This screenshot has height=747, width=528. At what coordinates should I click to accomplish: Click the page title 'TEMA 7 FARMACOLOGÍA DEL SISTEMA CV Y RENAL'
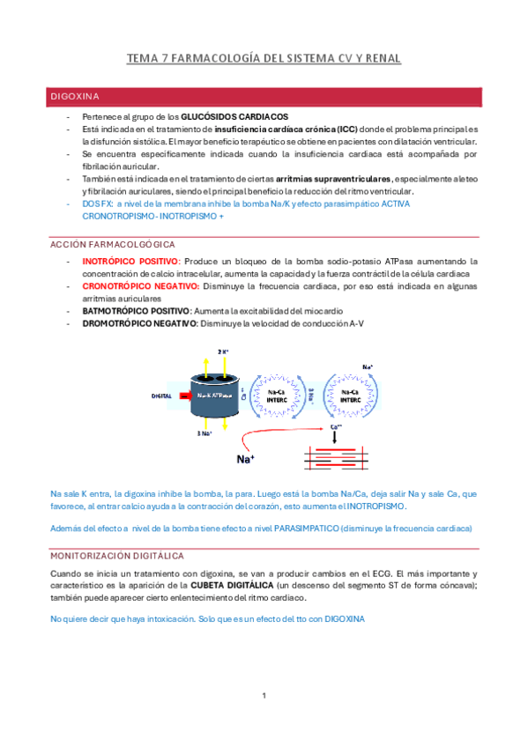[264, 59]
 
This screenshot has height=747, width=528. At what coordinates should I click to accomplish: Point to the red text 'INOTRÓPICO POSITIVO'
[130, 262]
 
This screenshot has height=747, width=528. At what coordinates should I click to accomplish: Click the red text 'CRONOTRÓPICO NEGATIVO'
[140, 286]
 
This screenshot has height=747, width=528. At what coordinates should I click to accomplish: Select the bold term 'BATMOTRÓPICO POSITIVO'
[135, 311]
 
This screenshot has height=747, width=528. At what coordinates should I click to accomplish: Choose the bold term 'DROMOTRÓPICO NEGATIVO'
[139, 323]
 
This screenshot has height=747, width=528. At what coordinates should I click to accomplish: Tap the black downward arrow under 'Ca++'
[336, 437]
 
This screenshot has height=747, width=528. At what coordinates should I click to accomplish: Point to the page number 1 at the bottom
[264, 697]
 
